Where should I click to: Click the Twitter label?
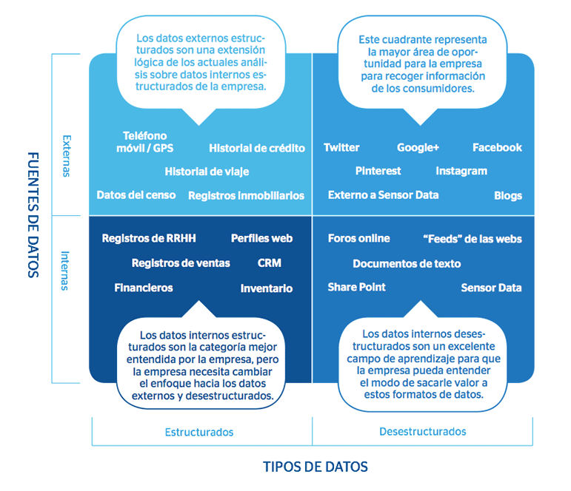pos(341,148)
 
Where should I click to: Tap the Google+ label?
pos(418,148)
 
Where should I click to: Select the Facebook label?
pos(497,148)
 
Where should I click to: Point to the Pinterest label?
pos(378,171)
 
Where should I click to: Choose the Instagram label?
pos(461,171)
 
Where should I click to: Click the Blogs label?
pos(508,196)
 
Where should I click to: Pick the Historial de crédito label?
pos(257,148)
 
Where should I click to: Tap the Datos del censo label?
pos(136,195)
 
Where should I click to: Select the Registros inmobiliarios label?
pos(246,196)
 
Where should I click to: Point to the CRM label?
pos(269,263)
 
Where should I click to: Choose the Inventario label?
pos(267,288)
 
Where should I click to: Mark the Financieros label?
pos(144,288)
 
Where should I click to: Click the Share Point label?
pos(356,288)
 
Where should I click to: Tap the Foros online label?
pos(358,238)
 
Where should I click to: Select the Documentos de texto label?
pos(407,263)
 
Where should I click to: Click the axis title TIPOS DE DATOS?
pos(315,467)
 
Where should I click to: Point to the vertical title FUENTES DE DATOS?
pos(33,214)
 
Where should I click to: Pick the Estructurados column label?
pos(199,432)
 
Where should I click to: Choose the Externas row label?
pos(67,155)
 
